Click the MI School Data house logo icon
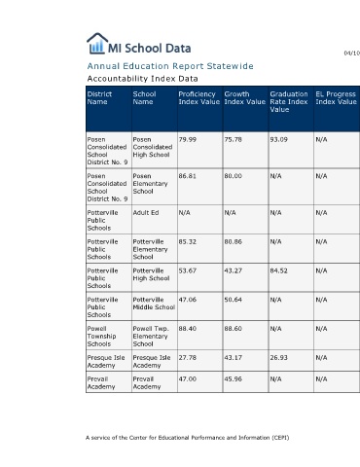pos(97,44)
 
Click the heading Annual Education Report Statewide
pos(170,66)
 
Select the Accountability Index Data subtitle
pos(142,79)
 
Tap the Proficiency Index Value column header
pos(198,98)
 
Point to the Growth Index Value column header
pos(244,98)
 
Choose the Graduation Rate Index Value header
pos(289,102)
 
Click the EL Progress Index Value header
pos(336,98)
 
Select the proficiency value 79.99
pos(188,140)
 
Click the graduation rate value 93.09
pos(278,140)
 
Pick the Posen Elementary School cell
pos(150,184)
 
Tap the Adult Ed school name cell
pos(146,213)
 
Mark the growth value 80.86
pos(233,242)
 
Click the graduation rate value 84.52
pos(278,270)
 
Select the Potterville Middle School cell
pos(154,304)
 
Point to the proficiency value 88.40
pos(188,329)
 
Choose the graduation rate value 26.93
pos(278,358)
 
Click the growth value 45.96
pos(233,379)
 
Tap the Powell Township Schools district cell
pos(101,337)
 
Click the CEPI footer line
pos(188,438)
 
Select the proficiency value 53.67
pos(188,270)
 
